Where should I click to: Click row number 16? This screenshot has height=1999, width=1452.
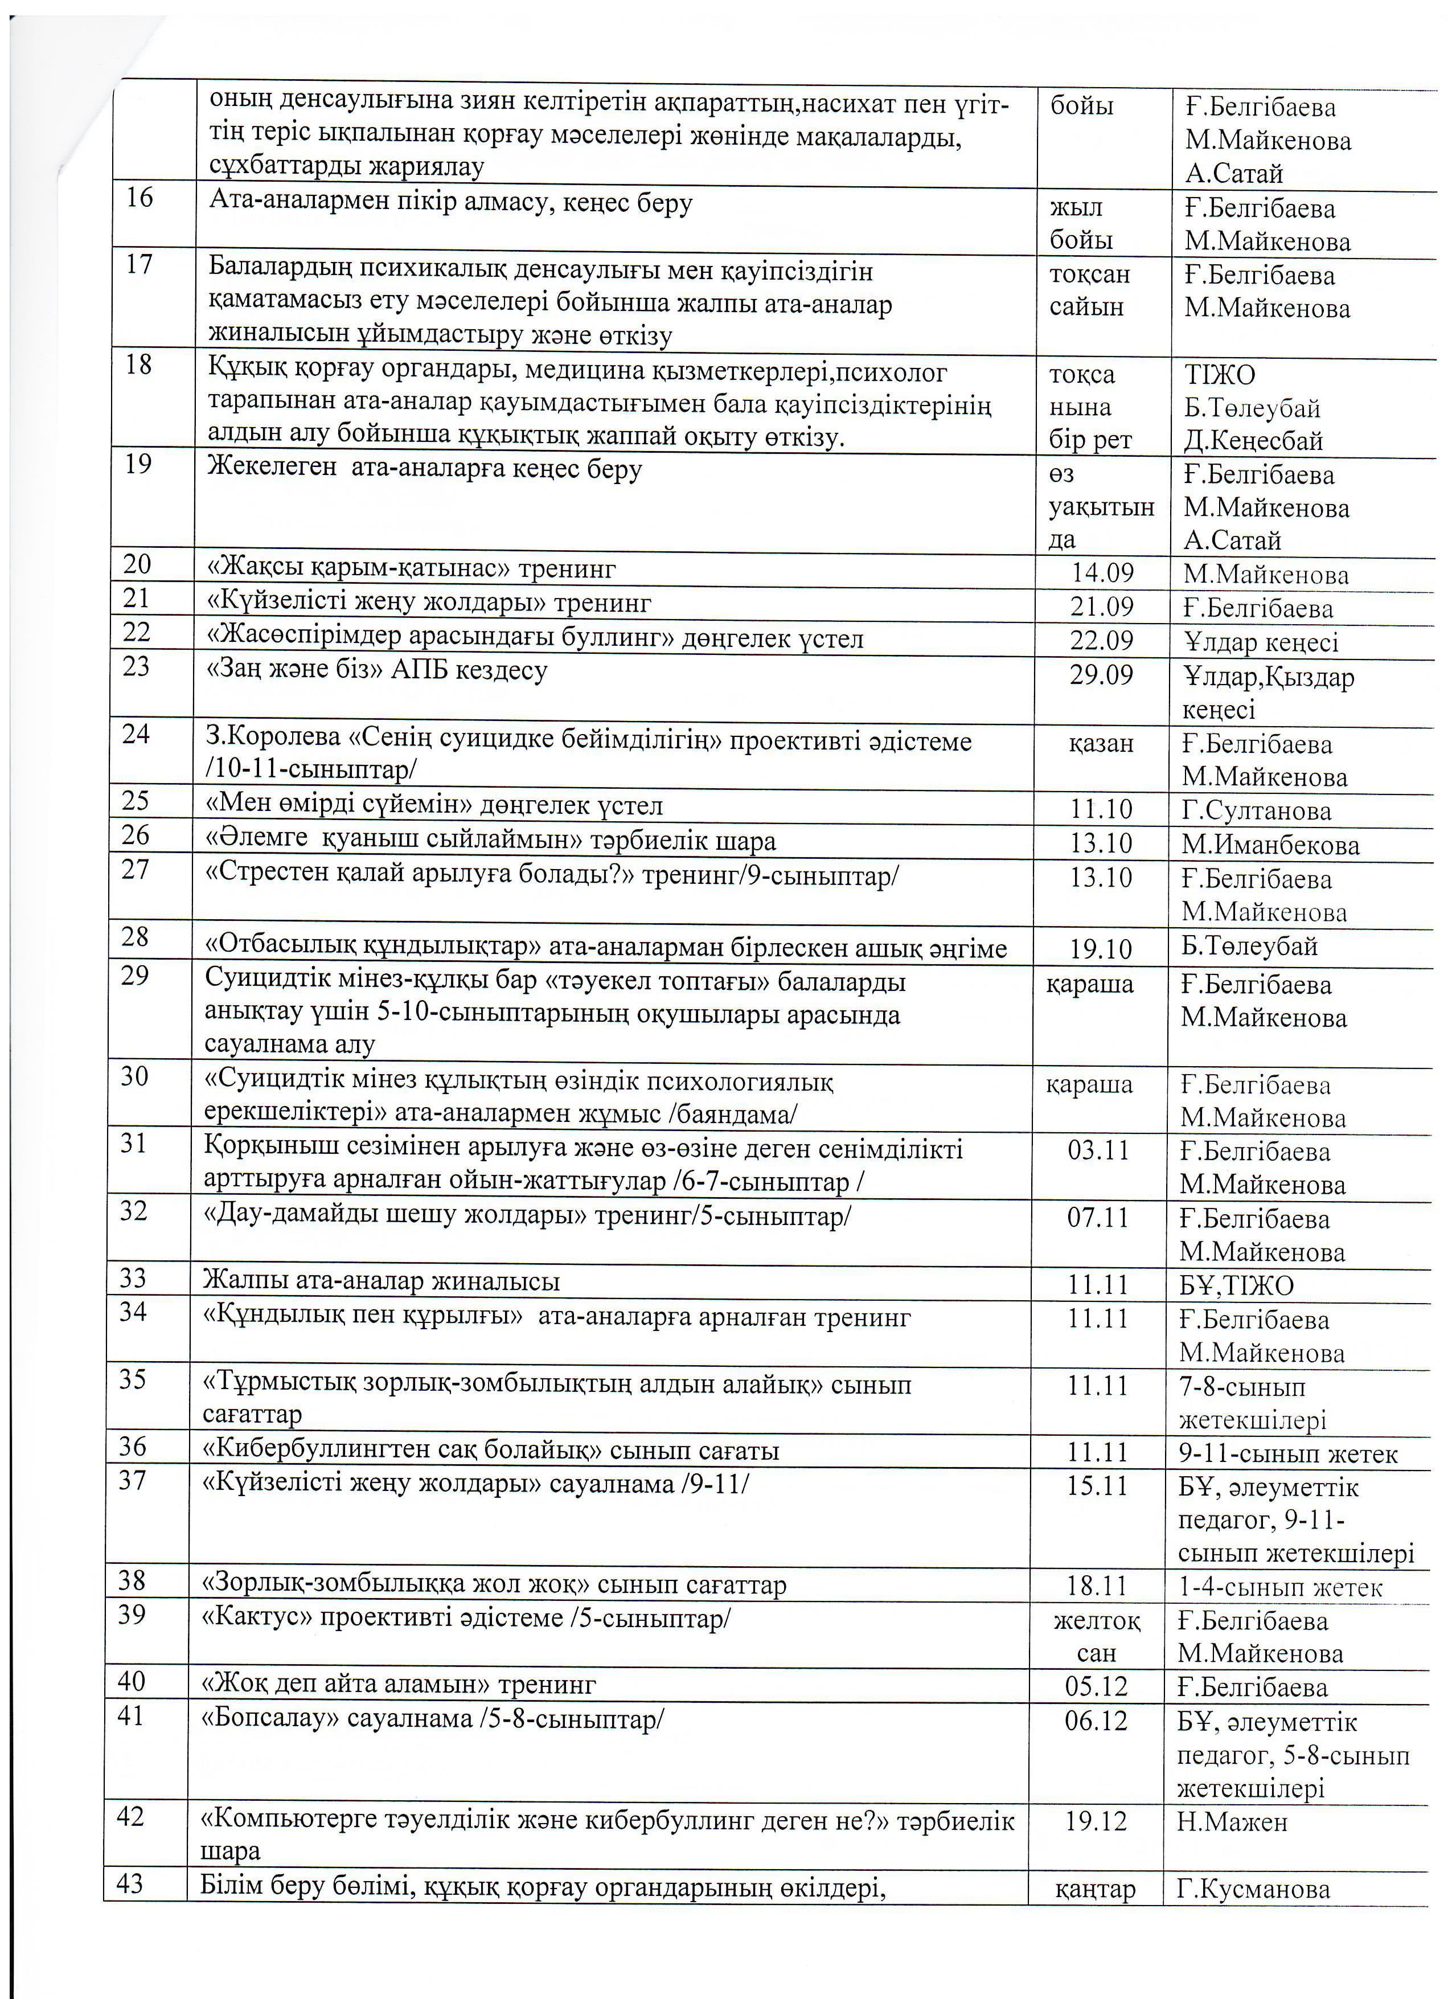click(139, 198)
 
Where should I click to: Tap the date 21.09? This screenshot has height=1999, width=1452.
click(1101, 607)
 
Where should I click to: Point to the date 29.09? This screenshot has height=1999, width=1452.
click(1101, 675)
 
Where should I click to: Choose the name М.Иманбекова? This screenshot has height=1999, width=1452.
click(1270, 845)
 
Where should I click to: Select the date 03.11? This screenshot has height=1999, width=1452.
click(1098, 1150)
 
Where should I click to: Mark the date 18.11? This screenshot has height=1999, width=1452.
click(1097, 1587)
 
